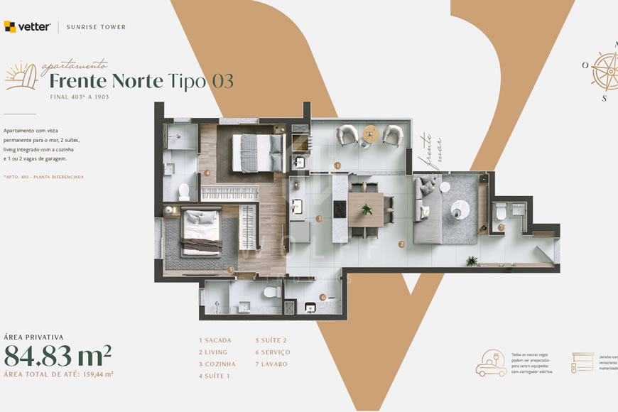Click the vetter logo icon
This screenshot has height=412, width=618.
[10, 27]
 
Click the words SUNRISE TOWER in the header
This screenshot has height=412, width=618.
[96, 28]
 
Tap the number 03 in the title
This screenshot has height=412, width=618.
[222, 81]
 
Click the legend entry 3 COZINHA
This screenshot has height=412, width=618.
[217, 364]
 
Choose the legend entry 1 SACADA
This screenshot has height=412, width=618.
[215, 340]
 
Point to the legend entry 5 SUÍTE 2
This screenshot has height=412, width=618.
[271, 340]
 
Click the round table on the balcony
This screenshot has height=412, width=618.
[370, 134]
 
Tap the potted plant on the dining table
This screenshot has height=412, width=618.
[367, 210]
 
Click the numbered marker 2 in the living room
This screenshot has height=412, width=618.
[401, 244]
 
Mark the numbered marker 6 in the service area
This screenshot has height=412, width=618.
[322, 297]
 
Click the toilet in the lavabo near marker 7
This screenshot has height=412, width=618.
[501, 210]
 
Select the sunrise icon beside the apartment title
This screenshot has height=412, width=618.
[21, 75]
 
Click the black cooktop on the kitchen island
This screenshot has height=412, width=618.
[340, 210]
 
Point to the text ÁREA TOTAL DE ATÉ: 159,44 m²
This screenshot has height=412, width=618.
[59, 374]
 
